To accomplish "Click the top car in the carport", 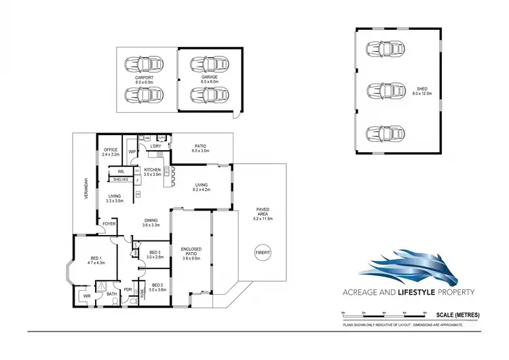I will click(144, 65).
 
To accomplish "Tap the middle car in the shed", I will click(383, 90).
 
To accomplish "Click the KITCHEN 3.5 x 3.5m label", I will click(152, 172).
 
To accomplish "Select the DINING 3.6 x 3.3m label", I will click(151, 222).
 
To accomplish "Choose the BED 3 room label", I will click(154, 254).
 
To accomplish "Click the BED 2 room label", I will click(158, 287).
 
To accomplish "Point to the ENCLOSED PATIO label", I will click(191, 254).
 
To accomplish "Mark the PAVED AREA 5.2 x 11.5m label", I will click(263, 213).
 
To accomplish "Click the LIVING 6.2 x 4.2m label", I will click(202, 187).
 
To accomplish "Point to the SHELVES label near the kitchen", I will click(121, 179).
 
